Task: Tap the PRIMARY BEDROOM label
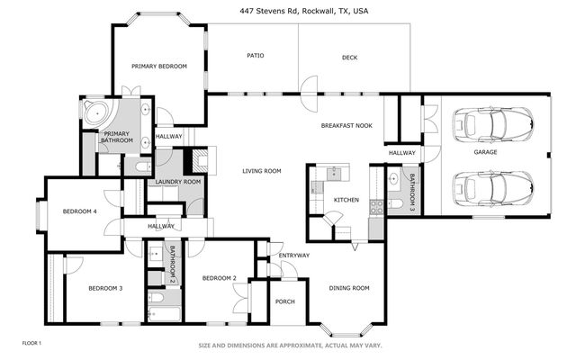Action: click(x=158, y=66)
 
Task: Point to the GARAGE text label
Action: click(x=486, y=152)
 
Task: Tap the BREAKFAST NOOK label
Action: click(x=347, y=127)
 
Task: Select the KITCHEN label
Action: click(x=346, y=200)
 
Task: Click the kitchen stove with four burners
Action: click(x=375, y=206)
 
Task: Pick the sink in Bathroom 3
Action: click(x=395, y=178)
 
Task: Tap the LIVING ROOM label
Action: click(x=262, y=170)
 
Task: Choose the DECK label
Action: click(x=350, y=58)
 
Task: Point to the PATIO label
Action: click(x=255, y=56)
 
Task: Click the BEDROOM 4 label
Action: click(x=79, y=211)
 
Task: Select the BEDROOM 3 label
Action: click(x=105, y=288)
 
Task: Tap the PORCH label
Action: click(x=285, y=301)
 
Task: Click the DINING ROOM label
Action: click(x=349, y=288)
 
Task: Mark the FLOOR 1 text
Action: click(x=31, y=343)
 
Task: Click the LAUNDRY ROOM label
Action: click(x=177, y=182)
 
